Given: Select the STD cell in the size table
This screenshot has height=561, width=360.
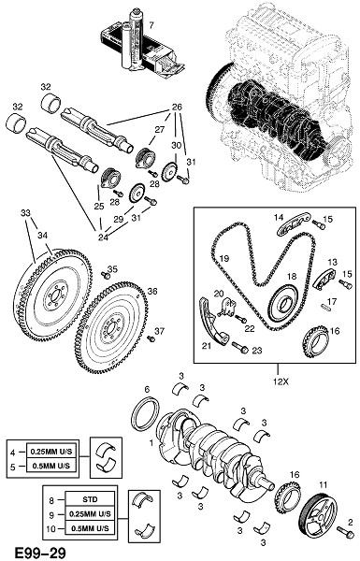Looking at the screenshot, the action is point(90,499).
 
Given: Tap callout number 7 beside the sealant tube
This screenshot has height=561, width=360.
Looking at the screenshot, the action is point(151,25).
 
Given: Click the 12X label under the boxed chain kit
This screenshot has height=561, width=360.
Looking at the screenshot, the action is point(280,381).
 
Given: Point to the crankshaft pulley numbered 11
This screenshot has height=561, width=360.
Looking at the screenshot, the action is point(318,513).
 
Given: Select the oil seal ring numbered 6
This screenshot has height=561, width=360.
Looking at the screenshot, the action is point(145,413).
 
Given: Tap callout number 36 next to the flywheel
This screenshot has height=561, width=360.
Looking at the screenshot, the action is point(152,292).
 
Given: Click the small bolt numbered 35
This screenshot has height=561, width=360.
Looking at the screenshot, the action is point(106,275).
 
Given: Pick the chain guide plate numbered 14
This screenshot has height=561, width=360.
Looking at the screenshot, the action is point(293,224).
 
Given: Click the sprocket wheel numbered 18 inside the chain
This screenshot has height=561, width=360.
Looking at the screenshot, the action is point(284,303).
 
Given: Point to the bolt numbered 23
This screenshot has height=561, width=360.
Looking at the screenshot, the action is point(240,347).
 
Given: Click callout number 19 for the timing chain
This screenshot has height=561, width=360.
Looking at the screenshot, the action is point(224,258).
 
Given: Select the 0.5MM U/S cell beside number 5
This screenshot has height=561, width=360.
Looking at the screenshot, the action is point(51,467).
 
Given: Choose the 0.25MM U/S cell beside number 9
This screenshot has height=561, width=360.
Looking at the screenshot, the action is point(90,514).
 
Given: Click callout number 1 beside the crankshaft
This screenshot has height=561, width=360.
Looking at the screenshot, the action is point(151,443).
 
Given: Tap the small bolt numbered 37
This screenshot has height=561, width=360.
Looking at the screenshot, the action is point(151,338).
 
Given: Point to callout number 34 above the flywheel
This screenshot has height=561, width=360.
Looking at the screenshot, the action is point(43,236).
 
